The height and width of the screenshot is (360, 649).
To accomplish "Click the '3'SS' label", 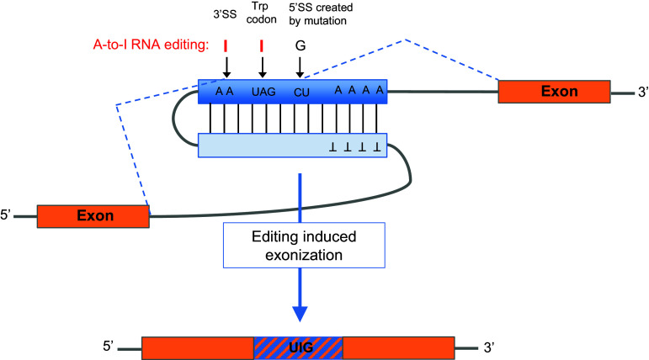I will [225, 14].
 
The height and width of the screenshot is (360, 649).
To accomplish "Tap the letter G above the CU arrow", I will [300, 46].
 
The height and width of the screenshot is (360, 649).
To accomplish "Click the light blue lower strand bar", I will [291, 146].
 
